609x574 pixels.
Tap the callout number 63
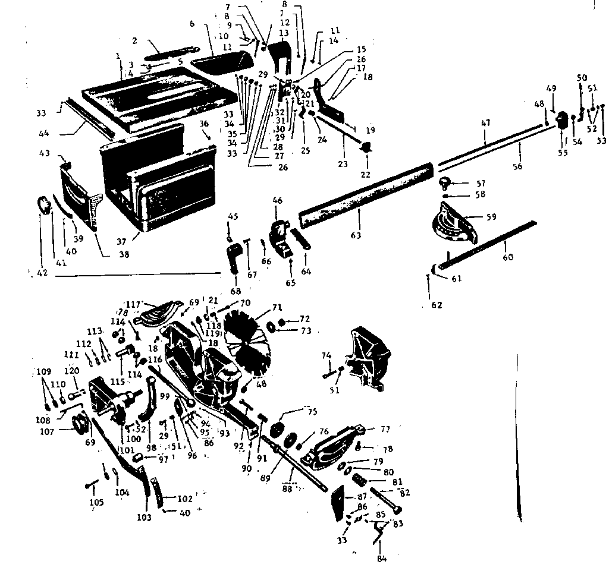[356, 236]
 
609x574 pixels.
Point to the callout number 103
[143, 518]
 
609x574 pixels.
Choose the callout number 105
[96, 503]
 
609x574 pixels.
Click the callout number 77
[385, 429]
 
